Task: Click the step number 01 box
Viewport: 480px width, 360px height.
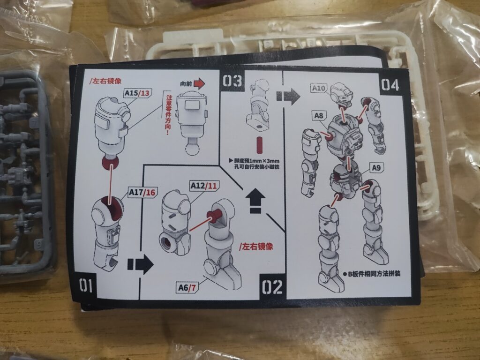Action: [x=86, y=285]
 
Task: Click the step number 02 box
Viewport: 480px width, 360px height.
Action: [x=272, y=287]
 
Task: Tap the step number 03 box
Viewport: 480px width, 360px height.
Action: [x=232, y=81]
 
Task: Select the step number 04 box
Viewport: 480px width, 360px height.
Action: [x=390, y=85]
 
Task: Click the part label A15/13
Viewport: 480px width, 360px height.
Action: [x=138, y=93]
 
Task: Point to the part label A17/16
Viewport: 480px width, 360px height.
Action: [x=142, y=192]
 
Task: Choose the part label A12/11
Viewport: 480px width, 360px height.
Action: [x=203, y=186]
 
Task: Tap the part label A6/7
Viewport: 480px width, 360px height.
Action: [x=187, y=287]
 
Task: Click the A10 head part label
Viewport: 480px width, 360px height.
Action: [x=319, y=88]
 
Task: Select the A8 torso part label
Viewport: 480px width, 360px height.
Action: [x=318, y=116]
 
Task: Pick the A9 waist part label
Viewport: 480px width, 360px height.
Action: [x=376, y=168]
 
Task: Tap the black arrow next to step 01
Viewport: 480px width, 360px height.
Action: [x=140, y=264]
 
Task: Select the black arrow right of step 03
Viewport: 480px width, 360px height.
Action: [x=288, y=97]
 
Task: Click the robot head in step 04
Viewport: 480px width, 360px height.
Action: [x=342, y=94]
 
